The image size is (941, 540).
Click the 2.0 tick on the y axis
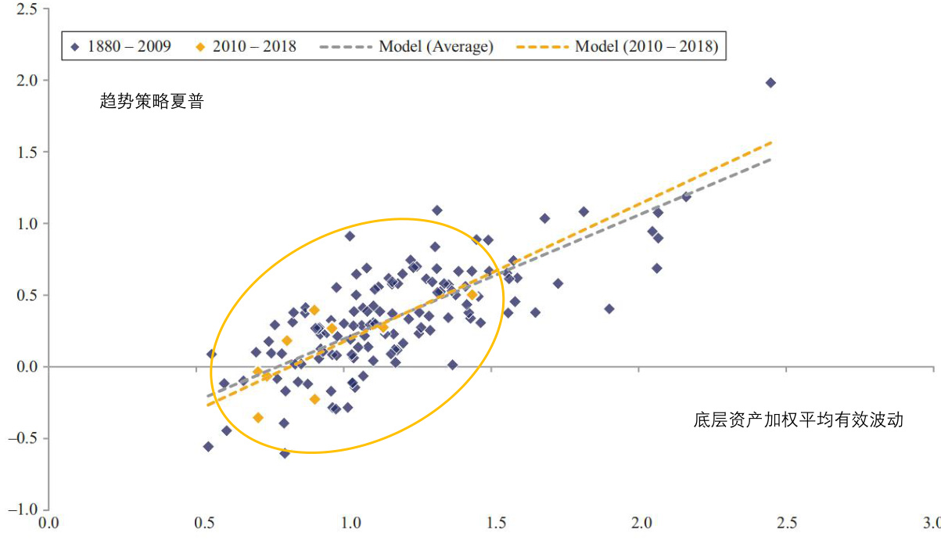(x=27, y=81)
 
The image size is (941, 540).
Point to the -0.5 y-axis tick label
(x=23, y=438)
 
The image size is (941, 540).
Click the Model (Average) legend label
(x=436, y=46)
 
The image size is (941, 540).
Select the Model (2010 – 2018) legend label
(x=646, y=46)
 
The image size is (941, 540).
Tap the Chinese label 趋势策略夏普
(x=151, y=101)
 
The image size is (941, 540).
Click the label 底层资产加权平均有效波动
(x=798, y=420)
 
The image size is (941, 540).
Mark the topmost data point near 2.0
(x=770, y=82)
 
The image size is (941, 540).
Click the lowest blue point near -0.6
(x=285, y=453)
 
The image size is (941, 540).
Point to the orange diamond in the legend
(x=200, y=47)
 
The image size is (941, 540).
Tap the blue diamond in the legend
(x=75, y=47)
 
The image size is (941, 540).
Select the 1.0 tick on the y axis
(x=27, y=224)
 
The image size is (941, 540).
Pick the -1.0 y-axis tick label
(x=23, y=510)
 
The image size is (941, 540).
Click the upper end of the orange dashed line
(x=772, y=142)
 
